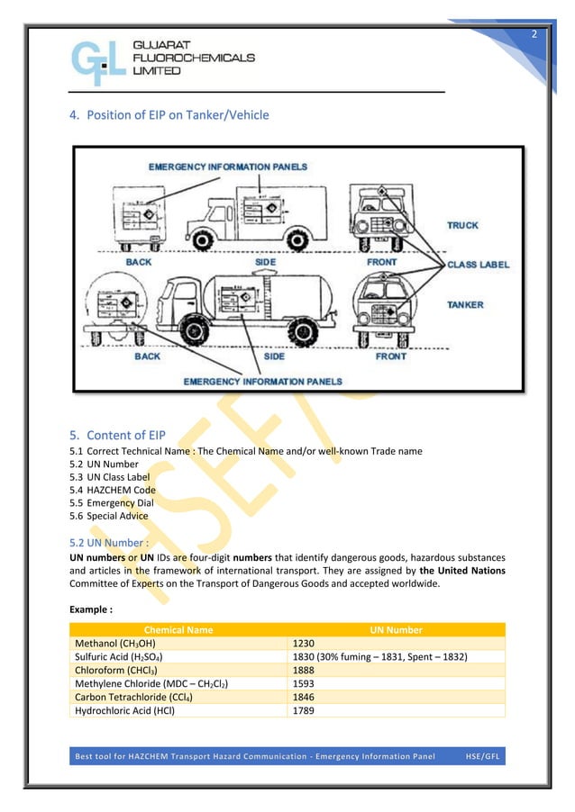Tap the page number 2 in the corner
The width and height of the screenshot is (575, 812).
(533, 34)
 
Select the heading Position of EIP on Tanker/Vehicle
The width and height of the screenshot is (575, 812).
(169, 115)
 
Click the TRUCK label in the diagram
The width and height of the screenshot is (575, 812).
(462, 225)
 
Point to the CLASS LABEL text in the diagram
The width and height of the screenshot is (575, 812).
(478, 265)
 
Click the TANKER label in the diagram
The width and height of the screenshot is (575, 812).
(465, 305)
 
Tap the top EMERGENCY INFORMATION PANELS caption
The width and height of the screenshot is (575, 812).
(227, 167)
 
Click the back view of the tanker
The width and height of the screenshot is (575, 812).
(115, 310)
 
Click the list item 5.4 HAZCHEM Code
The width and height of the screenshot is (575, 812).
(112, 491)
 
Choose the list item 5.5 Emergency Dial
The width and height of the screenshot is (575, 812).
(110, 503)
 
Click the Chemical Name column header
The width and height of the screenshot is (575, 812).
(178, 630)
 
